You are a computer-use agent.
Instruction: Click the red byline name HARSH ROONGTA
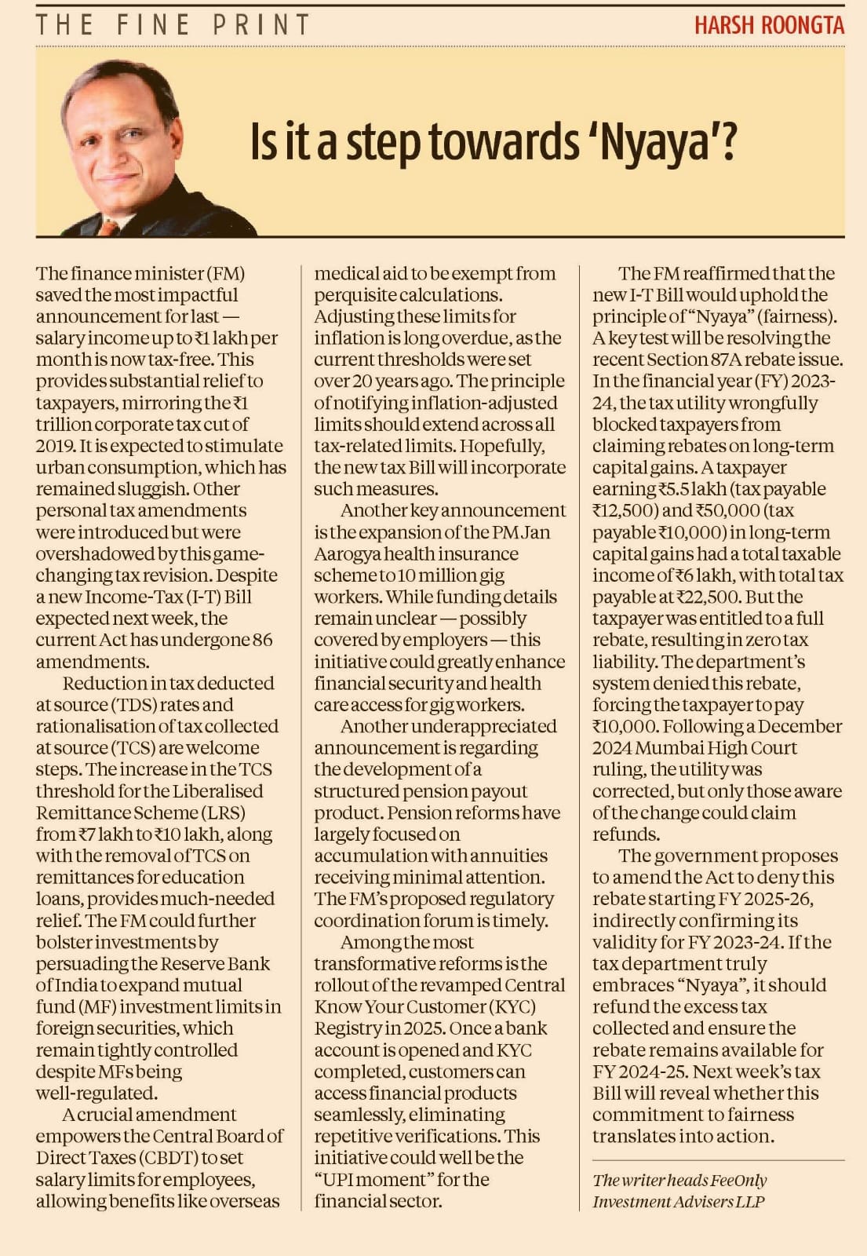click(x=769, y=25)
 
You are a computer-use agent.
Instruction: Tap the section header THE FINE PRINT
click(x=173, y=25)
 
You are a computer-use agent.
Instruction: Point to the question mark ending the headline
click(x=728, y=142)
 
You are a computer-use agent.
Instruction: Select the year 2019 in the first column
click(x=55, y=446)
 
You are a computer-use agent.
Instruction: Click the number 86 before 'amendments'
click(x=262, y=640)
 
